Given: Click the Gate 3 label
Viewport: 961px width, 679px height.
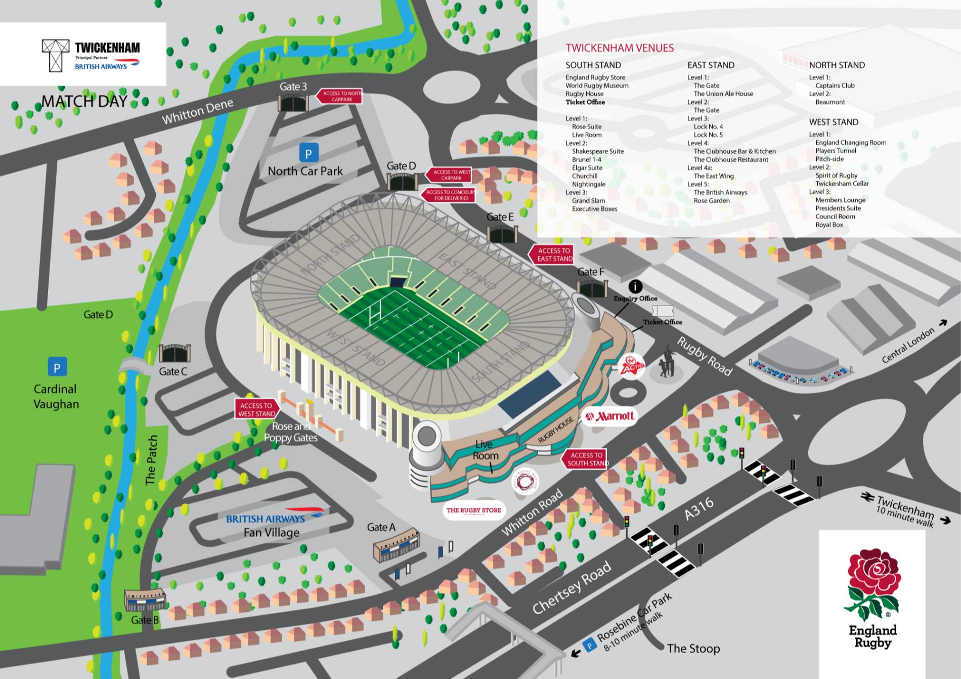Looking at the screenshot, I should pos(293,87).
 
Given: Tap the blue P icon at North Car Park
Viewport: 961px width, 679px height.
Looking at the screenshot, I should pos(309,152).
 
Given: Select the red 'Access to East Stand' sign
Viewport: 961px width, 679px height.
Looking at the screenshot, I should pos(552,254).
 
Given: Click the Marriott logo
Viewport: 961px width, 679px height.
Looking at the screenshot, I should pos(609,416).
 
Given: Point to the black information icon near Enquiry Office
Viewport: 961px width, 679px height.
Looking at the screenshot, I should pos(635,286).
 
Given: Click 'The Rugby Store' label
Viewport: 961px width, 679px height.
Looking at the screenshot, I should pos(473,510).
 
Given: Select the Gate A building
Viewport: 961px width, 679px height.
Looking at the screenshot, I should pos(397,546).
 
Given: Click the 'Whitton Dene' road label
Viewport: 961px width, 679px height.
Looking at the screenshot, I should pos(197,111).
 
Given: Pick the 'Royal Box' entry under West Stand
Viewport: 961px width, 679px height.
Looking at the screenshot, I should pos(829,225).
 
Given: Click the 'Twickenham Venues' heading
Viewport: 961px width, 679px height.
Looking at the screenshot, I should pos(620,48).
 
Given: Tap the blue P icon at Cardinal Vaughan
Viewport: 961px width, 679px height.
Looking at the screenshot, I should pos(57,367).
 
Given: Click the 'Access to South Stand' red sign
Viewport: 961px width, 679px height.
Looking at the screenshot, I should pos(585,459).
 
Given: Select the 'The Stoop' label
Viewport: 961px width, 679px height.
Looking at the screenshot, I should pos(693,648).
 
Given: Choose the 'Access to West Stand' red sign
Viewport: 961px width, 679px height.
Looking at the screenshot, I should pos(256,409).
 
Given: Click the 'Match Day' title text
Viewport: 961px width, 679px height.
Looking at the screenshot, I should pos(84,101).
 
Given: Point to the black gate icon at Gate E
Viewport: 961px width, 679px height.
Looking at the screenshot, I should pos(502,234).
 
